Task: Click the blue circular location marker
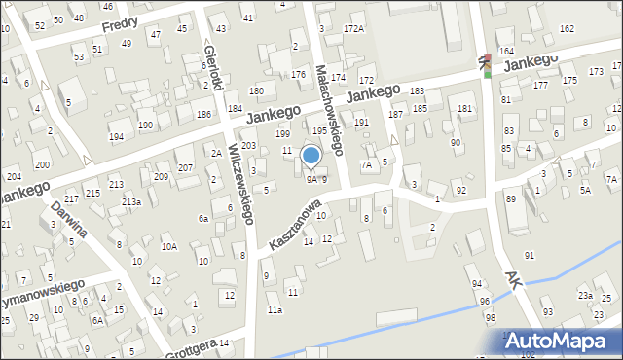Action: [x=311, y=155]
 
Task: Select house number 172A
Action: [x=353, y=30]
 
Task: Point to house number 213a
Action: [x=130, y=201]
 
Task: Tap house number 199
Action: [x=282, y=133]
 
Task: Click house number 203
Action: [x=248, y=146]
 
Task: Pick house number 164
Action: [x=505, y=51]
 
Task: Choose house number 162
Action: [x=567, y=29]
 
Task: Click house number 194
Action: [x=116, y=137]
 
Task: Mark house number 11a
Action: [x=275, y=310]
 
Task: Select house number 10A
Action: [x=168, y=247]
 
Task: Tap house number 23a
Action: [x=585, y=295]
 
